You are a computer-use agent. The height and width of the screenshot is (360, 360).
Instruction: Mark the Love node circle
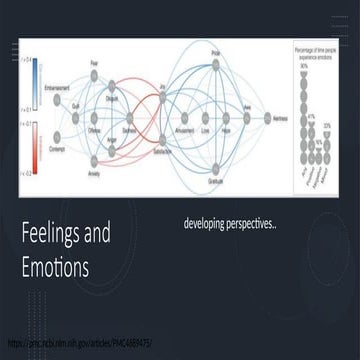209,124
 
